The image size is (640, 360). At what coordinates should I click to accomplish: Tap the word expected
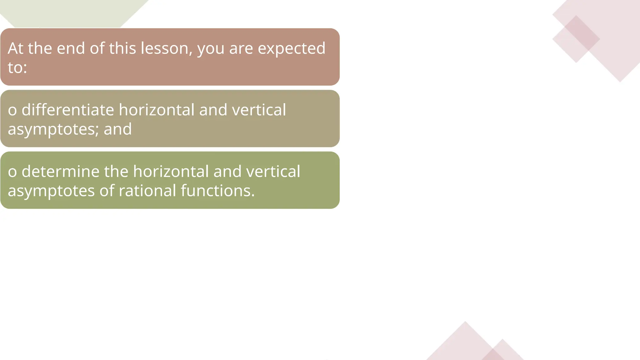291,49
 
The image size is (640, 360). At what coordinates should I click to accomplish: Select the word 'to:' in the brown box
17,67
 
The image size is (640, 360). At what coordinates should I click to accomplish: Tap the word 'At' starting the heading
16,48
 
